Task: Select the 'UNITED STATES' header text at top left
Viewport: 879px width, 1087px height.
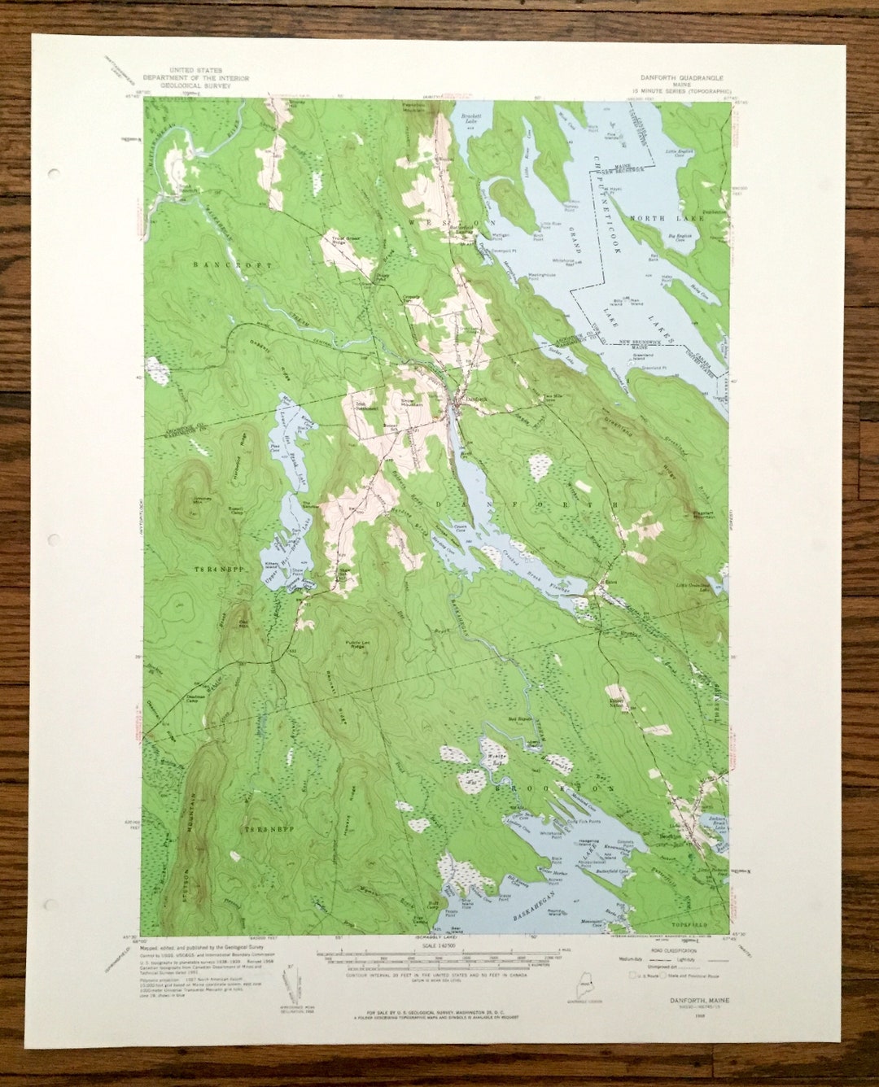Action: coord(194,72)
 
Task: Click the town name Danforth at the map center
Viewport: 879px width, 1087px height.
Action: coord(476,399)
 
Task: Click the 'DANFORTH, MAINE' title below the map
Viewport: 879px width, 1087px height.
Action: coord(699,1000)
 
